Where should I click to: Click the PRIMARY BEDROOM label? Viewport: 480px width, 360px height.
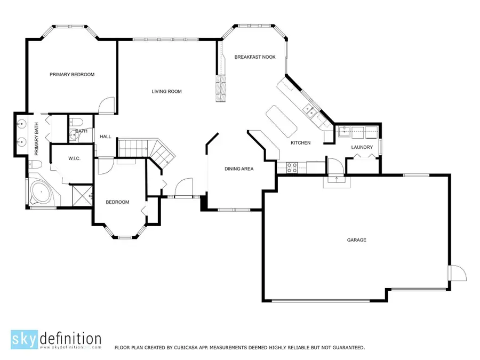pos(72,75)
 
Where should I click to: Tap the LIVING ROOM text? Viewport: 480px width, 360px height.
pos(166,92)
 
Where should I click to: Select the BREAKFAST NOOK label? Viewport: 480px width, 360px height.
pos(255,57)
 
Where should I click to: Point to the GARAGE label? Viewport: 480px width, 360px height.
pos(357,240)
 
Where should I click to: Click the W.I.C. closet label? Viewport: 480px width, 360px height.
pos(74,158)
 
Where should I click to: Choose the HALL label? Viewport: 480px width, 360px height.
pos(106,137)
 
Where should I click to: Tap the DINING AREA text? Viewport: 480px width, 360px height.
pos(239,169)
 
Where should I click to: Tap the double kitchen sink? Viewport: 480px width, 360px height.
pos(309,111)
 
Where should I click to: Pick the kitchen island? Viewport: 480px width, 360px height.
pos(281,121)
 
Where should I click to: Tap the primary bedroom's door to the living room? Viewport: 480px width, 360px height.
pos(107,106)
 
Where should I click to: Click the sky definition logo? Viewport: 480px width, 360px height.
pos(55,340)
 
